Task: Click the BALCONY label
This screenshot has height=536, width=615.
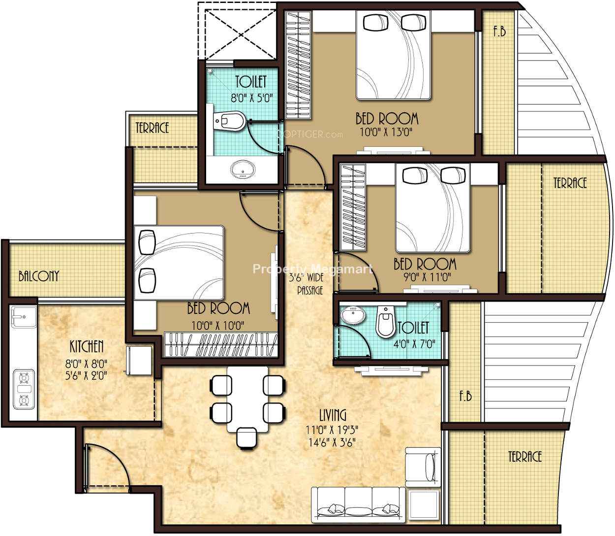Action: [39, 276]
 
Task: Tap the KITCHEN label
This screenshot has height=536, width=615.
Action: [87, 347]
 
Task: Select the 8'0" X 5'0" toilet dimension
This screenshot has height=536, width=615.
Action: [252, 98]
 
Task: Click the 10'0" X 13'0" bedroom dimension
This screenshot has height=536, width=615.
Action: [386, 132]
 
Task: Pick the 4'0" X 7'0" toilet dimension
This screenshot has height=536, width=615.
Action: [415, 344]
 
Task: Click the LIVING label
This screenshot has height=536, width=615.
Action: [333, 415]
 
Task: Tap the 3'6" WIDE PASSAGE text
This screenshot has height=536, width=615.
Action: [307, 283]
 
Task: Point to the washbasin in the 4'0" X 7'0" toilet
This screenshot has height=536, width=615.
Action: [353, 316]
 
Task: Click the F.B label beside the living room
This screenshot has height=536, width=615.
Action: [465, 396]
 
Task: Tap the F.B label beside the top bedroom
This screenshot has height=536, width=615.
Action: [499, 32]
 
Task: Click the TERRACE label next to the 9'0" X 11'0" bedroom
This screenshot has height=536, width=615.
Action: [570, 183]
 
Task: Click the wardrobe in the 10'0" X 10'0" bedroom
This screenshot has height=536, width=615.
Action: [221, 344]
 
